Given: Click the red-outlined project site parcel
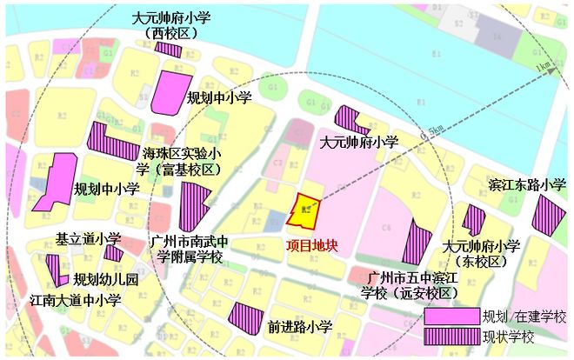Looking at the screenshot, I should (x=304, y=210).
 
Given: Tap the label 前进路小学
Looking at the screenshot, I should (x=301, y=327).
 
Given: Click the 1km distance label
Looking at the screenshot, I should (x=544, y=66).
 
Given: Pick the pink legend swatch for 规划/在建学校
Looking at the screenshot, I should (x=451, y=315).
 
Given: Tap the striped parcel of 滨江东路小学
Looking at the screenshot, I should (x=548, y=215).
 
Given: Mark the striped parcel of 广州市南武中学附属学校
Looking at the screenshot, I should (x=193, y=205).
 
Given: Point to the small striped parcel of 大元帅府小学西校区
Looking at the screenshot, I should (x=168, y=49).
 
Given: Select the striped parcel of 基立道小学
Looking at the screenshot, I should (x=113, y=253).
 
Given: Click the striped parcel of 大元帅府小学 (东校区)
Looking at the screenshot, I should (x=473, y=220).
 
